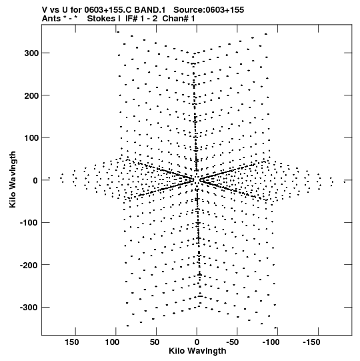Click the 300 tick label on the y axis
pos(31,53)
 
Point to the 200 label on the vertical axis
pos(31,95)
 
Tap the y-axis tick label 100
pos(31,138)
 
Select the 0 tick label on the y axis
pos(35,180)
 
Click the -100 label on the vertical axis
pos(29,223)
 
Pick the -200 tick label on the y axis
pos(29,265)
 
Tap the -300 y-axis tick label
pos(29,308)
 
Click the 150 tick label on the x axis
pos(71,342)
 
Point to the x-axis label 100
pos(112,342)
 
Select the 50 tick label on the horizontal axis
pos(155,342)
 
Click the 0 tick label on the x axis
pos(197,342)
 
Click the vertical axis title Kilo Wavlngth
pos(13,179)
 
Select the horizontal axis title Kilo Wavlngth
pos(197,351)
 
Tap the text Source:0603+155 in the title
pos(209,10)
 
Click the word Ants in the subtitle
pos(51,19)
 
